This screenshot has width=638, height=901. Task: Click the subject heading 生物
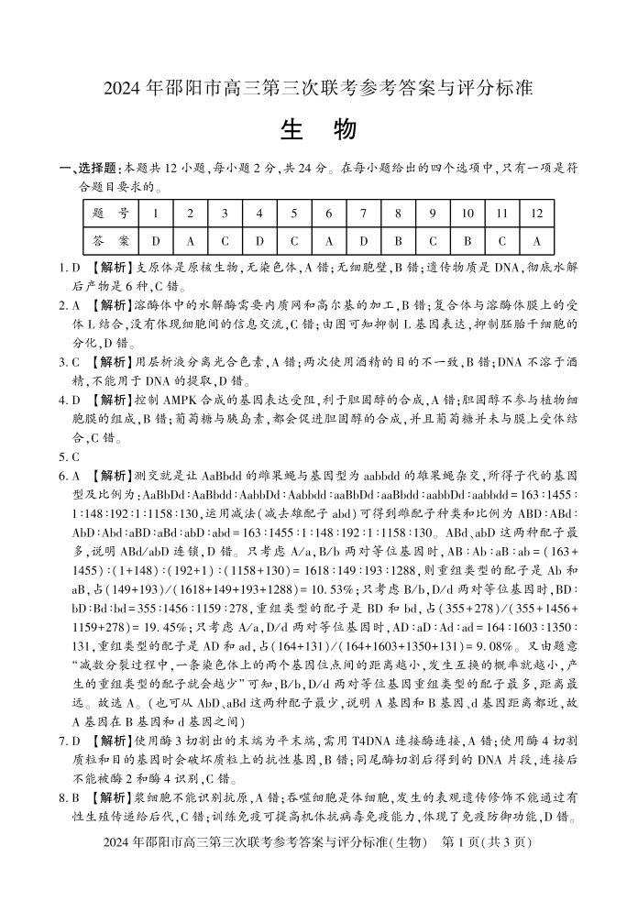(318, 130)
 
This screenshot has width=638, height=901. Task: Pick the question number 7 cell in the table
(363, 214)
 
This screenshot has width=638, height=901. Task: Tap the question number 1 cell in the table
(156, 214)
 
